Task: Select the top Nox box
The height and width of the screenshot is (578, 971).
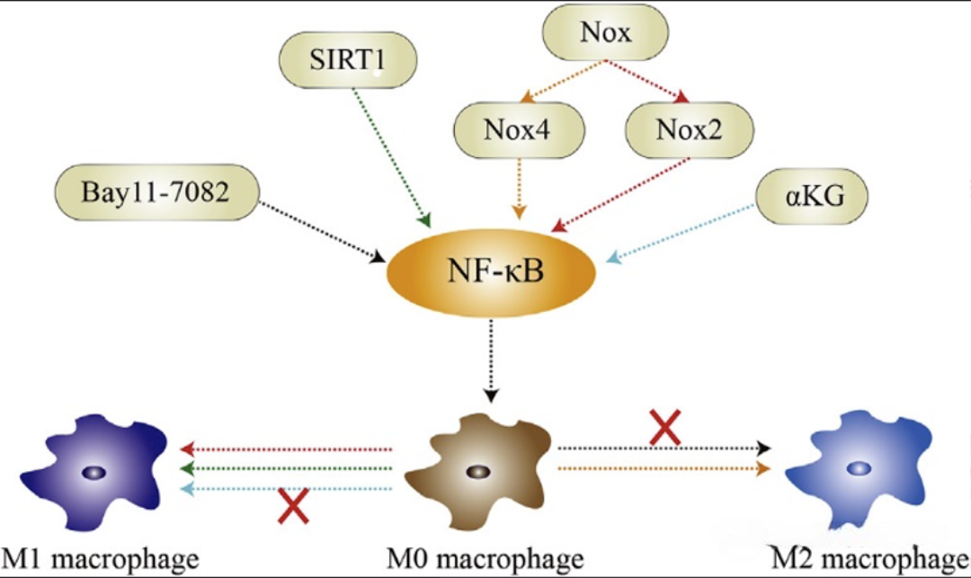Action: coord(605,35)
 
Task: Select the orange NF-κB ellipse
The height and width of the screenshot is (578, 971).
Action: coord(494,271)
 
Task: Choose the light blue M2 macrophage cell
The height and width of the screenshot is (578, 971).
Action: coord(860,467)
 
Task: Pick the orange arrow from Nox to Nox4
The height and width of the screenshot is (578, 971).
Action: coord(566,80)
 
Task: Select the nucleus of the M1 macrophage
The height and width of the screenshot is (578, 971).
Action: coord(93,472)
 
